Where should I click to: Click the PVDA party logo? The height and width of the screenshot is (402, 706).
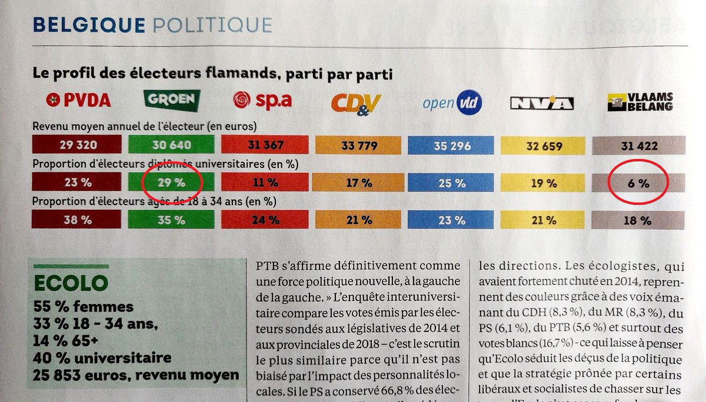click(78, 101)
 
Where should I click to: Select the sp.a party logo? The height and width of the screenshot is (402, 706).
click(262, 101)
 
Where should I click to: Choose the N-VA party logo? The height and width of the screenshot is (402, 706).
click(541, 104)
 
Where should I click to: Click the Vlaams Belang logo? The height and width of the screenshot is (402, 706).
click(640, 103)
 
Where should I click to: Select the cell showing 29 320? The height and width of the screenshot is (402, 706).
click(77, 144)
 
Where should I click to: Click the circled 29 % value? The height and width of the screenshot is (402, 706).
click(171, 182)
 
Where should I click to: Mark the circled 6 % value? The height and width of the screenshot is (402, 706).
click(637, 183)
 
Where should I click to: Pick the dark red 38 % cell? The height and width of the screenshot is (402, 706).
click(77, 220)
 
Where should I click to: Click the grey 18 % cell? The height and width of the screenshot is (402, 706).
click(637, 221)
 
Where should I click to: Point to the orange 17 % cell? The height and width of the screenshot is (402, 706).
click(358, 183)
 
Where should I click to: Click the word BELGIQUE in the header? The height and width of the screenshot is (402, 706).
click(89, 25)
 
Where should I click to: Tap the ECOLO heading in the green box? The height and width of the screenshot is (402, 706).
click(71, 283)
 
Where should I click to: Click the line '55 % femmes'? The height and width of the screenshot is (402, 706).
click(83, 306)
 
